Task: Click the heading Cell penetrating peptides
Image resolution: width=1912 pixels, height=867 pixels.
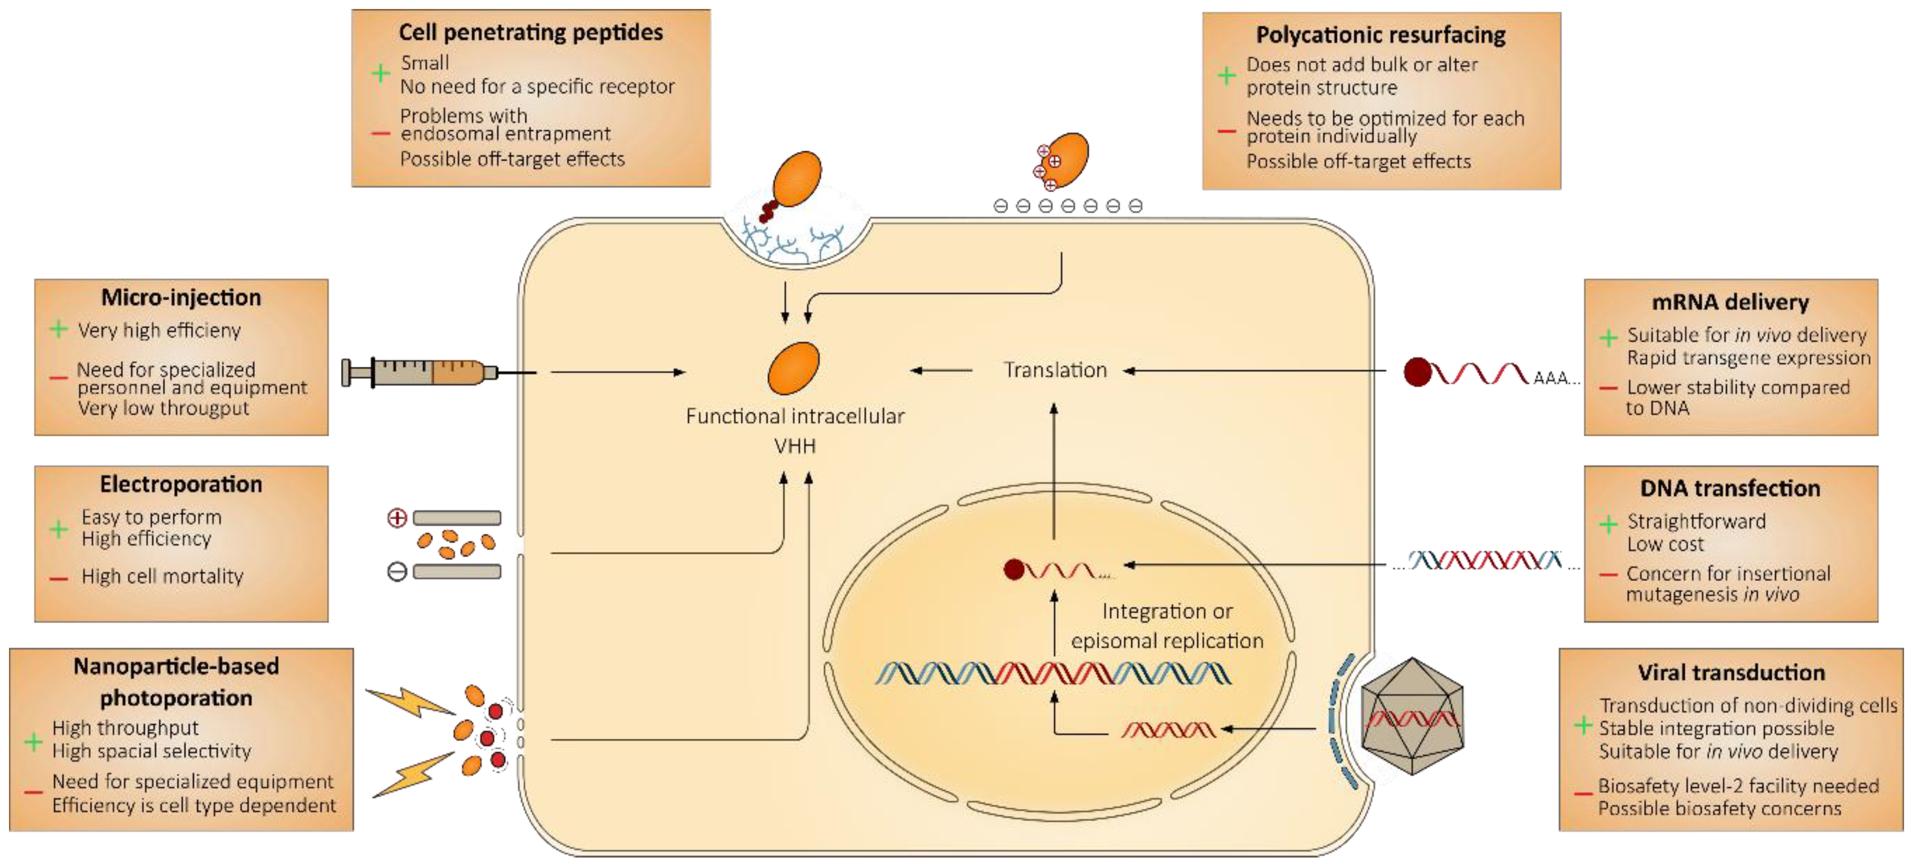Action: (531, 32)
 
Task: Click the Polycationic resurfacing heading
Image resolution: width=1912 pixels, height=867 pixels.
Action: (1381, 35)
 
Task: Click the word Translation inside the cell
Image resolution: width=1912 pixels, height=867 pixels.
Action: (1055, 370)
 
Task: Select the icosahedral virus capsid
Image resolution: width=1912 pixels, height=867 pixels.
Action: (1412, 716)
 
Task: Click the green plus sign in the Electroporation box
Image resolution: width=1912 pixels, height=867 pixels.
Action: (59, 529)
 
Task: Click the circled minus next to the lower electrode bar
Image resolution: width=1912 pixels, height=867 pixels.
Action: (397, 571)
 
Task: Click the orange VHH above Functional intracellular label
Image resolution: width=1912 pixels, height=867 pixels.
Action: (793, 368)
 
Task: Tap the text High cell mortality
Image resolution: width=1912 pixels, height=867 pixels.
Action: (162, 577)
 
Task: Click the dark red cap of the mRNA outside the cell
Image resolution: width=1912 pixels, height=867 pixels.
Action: (1417, 372)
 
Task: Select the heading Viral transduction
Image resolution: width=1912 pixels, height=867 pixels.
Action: (1731, 672)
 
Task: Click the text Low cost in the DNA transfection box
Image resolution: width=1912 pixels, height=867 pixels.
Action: (1665, 544)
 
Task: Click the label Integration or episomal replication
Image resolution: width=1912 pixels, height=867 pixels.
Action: (1166, 626)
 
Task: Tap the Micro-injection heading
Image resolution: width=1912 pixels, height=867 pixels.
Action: (181, 298)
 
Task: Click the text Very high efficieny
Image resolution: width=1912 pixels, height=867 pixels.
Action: (159, 330)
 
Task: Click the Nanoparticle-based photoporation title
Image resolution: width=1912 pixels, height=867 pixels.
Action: (177, 681)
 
